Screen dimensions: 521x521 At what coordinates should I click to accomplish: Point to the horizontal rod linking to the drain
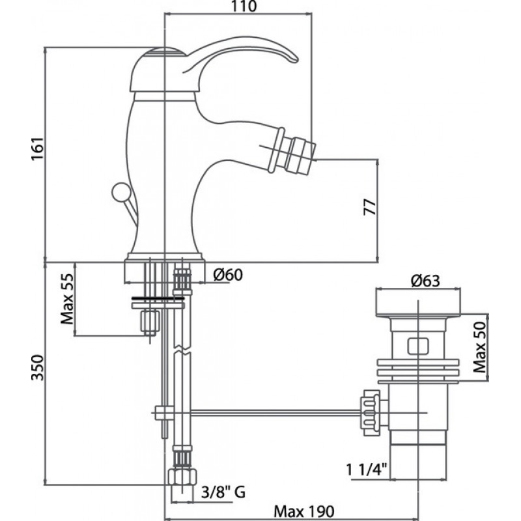[260, 412]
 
